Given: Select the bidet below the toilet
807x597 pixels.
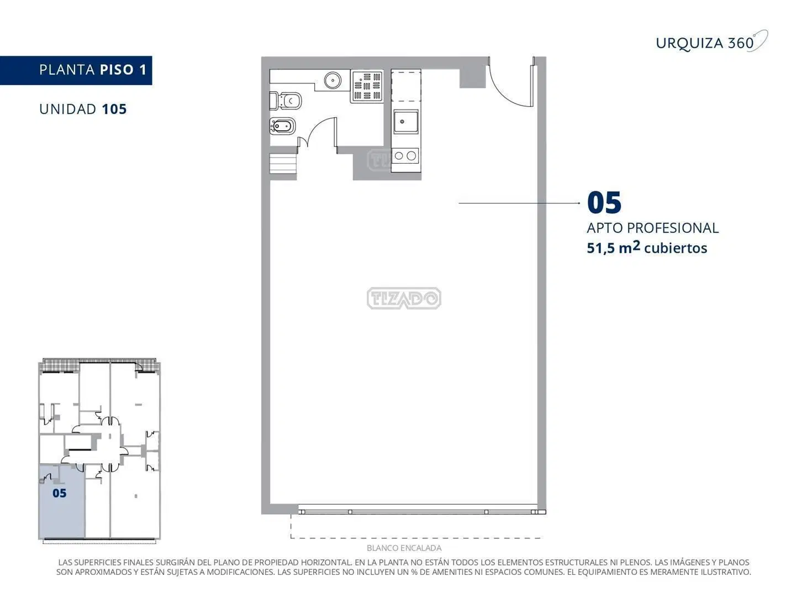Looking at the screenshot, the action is click(282, 127).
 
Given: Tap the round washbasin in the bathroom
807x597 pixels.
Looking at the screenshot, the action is click(333, 80).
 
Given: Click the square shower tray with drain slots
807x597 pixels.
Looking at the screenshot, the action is click(367, 87).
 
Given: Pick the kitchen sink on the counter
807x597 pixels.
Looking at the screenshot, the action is click(405, 122).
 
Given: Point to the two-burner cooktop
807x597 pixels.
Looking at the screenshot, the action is click(405, 156).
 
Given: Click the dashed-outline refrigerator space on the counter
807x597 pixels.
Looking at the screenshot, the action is click(406, 86).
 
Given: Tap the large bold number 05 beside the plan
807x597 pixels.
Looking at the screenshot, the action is click(604, 202).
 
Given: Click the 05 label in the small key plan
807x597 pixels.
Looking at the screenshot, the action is click(59, 493).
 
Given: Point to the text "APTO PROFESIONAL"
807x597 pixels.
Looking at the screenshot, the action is click(652, 228).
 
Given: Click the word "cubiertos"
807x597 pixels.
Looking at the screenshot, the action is click(676, 248).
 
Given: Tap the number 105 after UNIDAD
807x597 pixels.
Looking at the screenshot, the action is click(114, 109).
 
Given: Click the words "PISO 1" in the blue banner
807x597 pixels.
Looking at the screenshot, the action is click(123, 70).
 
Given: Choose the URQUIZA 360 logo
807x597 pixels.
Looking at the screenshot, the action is click(711, 42).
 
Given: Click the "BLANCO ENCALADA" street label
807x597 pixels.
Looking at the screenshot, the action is click(404, 548).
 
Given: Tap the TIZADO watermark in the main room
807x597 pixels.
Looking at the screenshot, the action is click(404, 298).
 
